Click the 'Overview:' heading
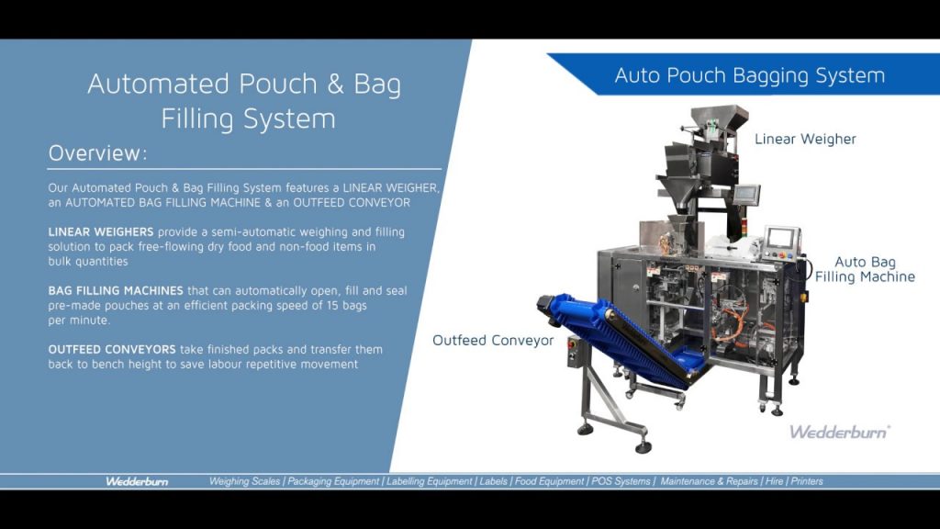click(x=97, y=152)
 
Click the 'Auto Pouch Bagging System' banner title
click(x=749, y=75)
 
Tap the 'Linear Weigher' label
click(x=805, y=139)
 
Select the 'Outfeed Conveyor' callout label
click(x=493, y=341)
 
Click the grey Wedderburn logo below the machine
click(x=839, y=431)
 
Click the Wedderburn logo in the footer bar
click(x=137, y=481)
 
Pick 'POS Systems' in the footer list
click(x=621, y=481)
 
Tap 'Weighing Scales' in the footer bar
click(x=245, y=481)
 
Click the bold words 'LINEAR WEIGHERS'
click(x=101, y=231)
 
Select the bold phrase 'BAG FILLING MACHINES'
click(x=116, y=290)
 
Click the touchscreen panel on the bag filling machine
click(x=782, y=237)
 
